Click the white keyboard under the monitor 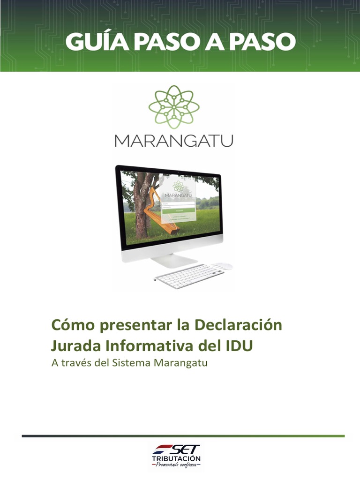tap(190, 275)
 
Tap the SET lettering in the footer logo tap(183, 450)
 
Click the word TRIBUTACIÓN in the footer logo tap(176, 458)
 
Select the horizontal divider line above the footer tap(183, 436)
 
